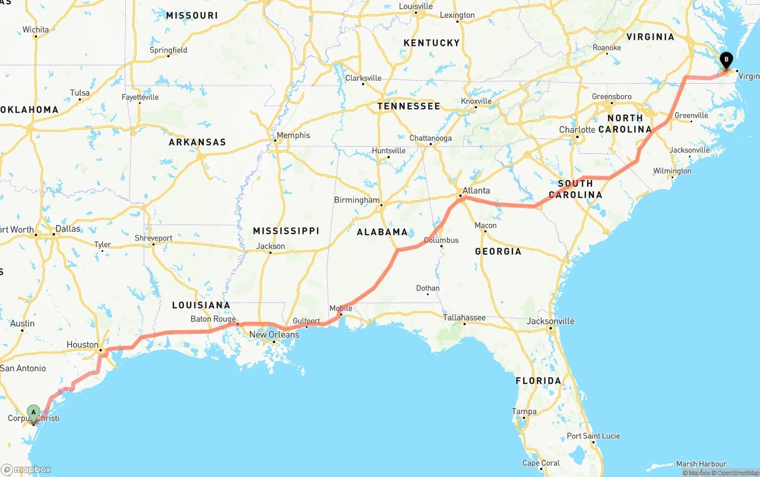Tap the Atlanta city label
(x=476, y=191)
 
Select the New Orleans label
(x=274, y=334)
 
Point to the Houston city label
(x=83, y=345)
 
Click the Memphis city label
(x=293, y=135)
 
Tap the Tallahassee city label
(x=464, y=318)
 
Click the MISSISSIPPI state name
(x=286, y=230)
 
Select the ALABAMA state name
(x=382, y=232)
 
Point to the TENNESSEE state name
(x=409, y=106)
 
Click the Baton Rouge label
(x=213, y=319)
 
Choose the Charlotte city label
(x=577, y=129)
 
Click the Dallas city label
(x=68, y=229)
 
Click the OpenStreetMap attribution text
(x=736, y=473)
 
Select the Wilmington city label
(x=672, y=171)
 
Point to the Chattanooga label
(x=430, y=138)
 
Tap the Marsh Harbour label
(x=701, y=464)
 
